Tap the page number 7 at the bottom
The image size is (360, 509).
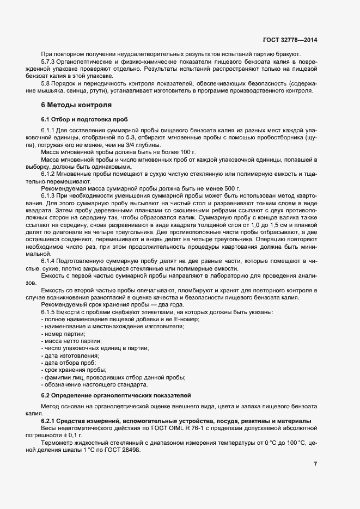[315, 464]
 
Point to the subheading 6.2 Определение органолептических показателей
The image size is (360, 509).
[117, 394]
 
